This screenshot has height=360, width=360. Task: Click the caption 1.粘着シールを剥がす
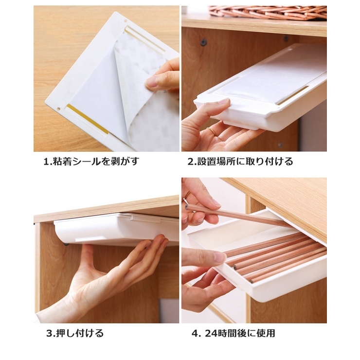[91, 162]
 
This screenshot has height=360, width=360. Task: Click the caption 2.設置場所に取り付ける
[240, 162]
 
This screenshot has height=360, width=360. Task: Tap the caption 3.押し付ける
[75, 333]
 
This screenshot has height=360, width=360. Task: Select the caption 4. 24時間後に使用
[233, 333]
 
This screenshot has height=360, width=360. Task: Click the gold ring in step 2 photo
[212, 132]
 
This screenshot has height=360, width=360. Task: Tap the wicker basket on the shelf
[268, 12]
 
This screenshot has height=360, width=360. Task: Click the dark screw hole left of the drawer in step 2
[203, 42]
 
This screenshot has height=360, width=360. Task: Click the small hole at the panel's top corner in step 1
[126, 21]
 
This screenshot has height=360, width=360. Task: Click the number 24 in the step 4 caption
[211, 333]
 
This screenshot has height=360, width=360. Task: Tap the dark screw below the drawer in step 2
[280, 145]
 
